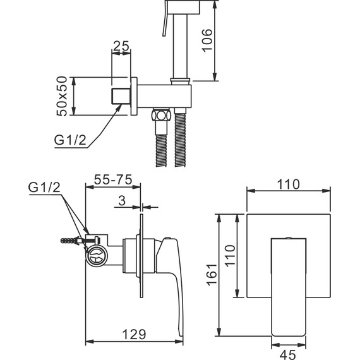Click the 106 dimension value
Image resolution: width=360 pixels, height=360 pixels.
point(207,40)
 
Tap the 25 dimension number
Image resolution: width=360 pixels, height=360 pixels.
point(121,46)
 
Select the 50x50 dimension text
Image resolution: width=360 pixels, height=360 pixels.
point(62,96)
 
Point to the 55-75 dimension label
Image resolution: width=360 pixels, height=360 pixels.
point(113,179)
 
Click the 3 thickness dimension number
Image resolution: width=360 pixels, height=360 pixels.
point(122,200)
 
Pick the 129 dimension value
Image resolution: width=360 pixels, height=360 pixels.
point(135,335)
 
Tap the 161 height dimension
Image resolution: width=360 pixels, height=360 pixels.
point(212,275)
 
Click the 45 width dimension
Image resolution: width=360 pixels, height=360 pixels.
point(289,355)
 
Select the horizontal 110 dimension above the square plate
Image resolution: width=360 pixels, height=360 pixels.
point(289,184)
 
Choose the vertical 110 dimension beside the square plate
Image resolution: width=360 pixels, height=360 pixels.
point(230,256)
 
